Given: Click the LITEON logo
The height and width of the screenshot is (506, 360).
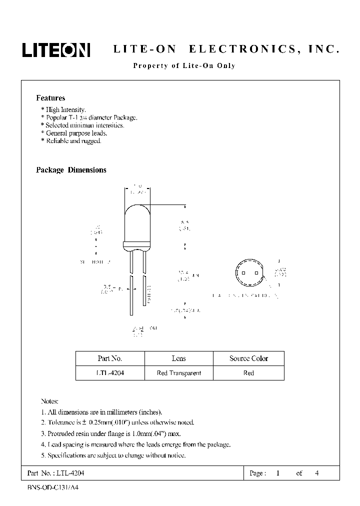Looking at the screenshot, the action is tap(55, 49).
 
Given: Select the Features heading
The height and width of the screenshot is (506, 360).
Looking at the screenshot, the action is tap(50, 98).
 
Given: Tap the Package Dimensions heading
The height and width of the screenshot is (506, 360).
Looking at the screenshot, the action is tap(71, 170).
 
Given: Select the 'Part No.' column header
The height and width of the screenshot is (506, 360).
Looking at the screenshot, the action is tap(109, 358).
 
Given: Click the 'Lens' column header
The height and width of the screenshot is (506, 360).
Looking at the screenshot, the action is tap(178, 358).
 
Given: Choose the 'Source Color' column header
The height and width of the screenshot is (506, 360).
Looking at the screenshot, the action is tap(248, 358).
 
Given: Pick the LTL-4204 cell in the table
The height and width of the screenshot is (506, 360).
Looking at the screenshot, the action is tap(109, 373).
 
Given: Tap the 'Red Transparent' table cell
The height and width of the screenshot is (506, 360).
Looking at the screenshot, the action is tap(178, 373).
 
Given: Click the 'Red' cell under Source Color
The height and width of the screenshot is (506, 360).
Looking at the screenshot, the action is tap(248, 373).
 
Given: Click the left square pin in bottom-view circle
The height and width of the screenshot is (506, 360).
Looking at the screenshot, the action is tap(243, 273).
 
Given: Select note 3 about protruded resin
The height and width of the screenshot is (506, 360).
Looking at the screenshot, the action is tap(110, 433).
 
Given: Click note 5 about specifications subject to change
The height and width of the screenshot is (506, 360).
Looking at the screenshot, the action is tap(113, 455).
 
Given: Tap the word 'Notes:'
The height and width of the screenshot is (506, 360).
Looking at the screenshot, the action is tap(49, 401).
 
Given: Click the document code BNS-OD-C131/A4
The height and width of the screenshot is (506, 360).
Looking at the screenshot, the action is tap(50, 486).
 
